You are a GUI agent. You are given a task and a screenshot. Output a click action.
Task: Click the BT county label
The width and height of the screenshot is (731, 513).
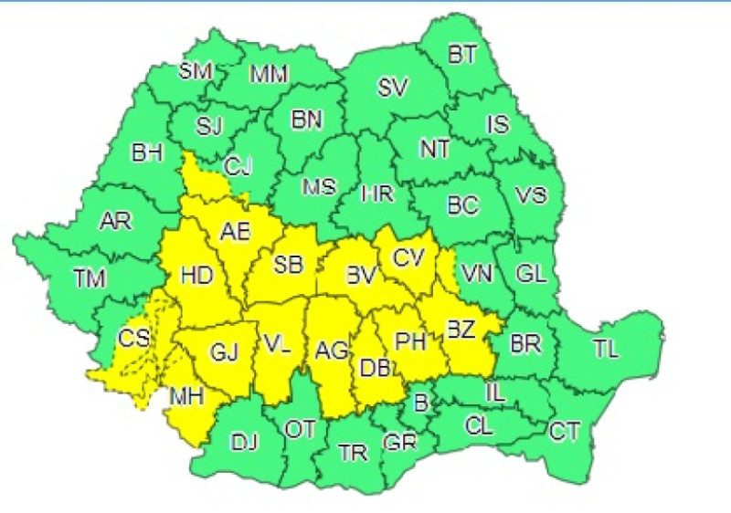click(462, 55)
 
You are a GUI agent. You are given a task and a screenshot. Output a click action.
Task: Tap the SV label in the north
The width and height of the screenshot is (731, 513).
click(393, 88)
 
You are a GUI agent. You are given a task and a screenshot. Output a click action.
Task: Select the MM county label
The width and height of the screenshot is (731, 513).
click(268, 72)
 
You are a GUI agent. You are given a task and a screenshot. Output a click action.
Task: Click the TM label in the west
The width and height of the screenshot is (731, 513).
click(90, 280)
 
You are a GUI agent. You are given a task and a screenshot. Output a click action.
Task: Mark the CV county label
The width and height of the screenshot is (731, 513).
click(408, 257)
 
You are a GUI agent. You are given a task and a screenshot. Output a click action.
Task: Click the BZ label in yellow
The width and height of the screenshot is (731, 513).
click(460, 330)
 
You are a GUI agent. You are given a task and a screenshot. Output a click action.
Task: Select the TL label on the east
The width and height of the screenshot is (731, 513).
click(606, 349)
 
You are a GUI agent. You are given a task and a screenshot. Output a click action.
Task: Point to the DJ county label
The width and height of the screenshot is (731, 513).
click(244, 443)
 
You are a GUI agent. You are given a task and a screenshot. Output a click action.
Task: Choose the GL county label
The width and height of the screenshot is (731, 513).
click(530, 274)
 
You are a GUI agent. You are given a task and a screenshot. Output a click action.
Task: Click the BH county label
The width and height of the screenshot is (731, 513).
click(147, 153)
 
